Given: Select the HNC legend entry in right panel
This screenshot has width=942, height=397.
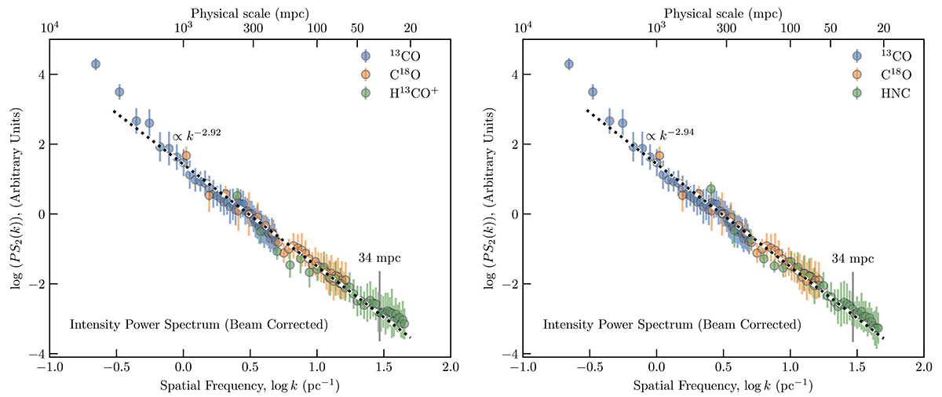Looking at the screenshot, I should pos(875,93).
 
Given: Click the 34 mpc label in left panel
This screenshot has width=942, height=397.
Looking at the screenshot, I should pos(380,258).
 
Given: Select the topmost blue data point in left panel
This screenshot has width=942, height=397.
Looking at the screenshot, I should pos(96,64).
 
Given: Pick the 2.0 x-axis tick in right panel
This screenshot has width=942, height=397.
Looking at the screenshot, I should pos(922,367).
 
